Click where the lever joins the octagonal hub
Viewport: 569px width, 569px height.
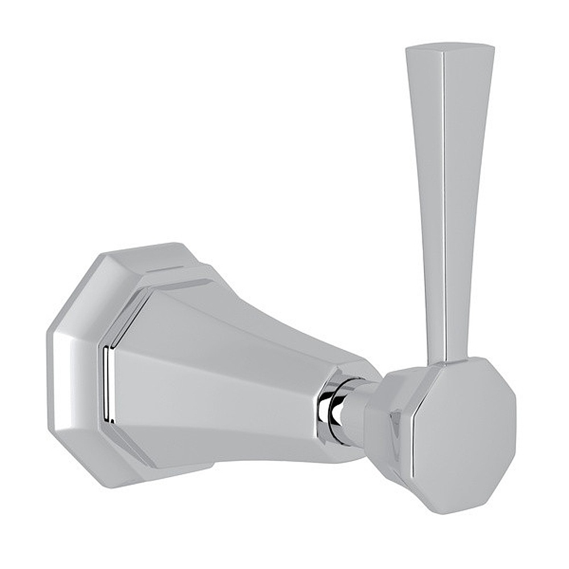pyautogui.click(x=450, y=362)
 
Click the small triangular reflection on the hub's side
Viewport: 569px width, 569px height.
pyautogui.click(x=396, y=424)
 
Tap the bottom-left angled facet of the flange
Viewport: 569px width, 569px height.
pyautogui.click(x=85, y=455)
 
